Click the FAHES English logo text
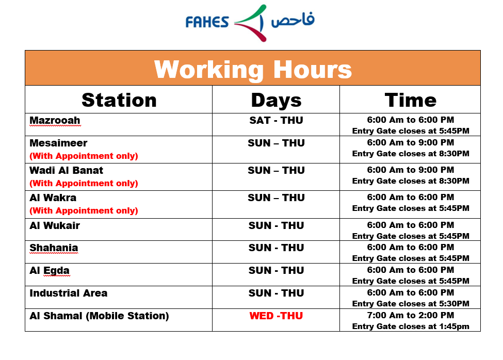207,22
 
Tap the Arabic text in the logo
293,20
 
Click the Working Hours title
253,69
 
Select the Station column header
119,100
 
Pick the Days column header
276,101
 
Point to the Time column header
410,100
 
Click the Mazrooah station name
55,120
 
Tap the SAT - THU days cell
276,120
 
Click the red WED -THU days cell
276,316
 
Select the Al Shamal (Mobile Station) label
99,316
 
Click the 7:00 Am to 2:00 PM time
411,315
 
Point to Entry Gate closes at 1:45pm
411,326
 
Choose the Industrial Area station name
68,293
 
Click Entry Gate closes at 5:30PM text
411,304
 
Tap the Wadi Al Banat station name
66,170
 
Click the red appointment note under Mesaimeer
84,156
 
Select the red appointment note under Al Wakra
84,210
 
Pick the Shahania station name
54,248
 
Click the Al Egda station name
50,271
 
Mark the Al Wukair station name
55,225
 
